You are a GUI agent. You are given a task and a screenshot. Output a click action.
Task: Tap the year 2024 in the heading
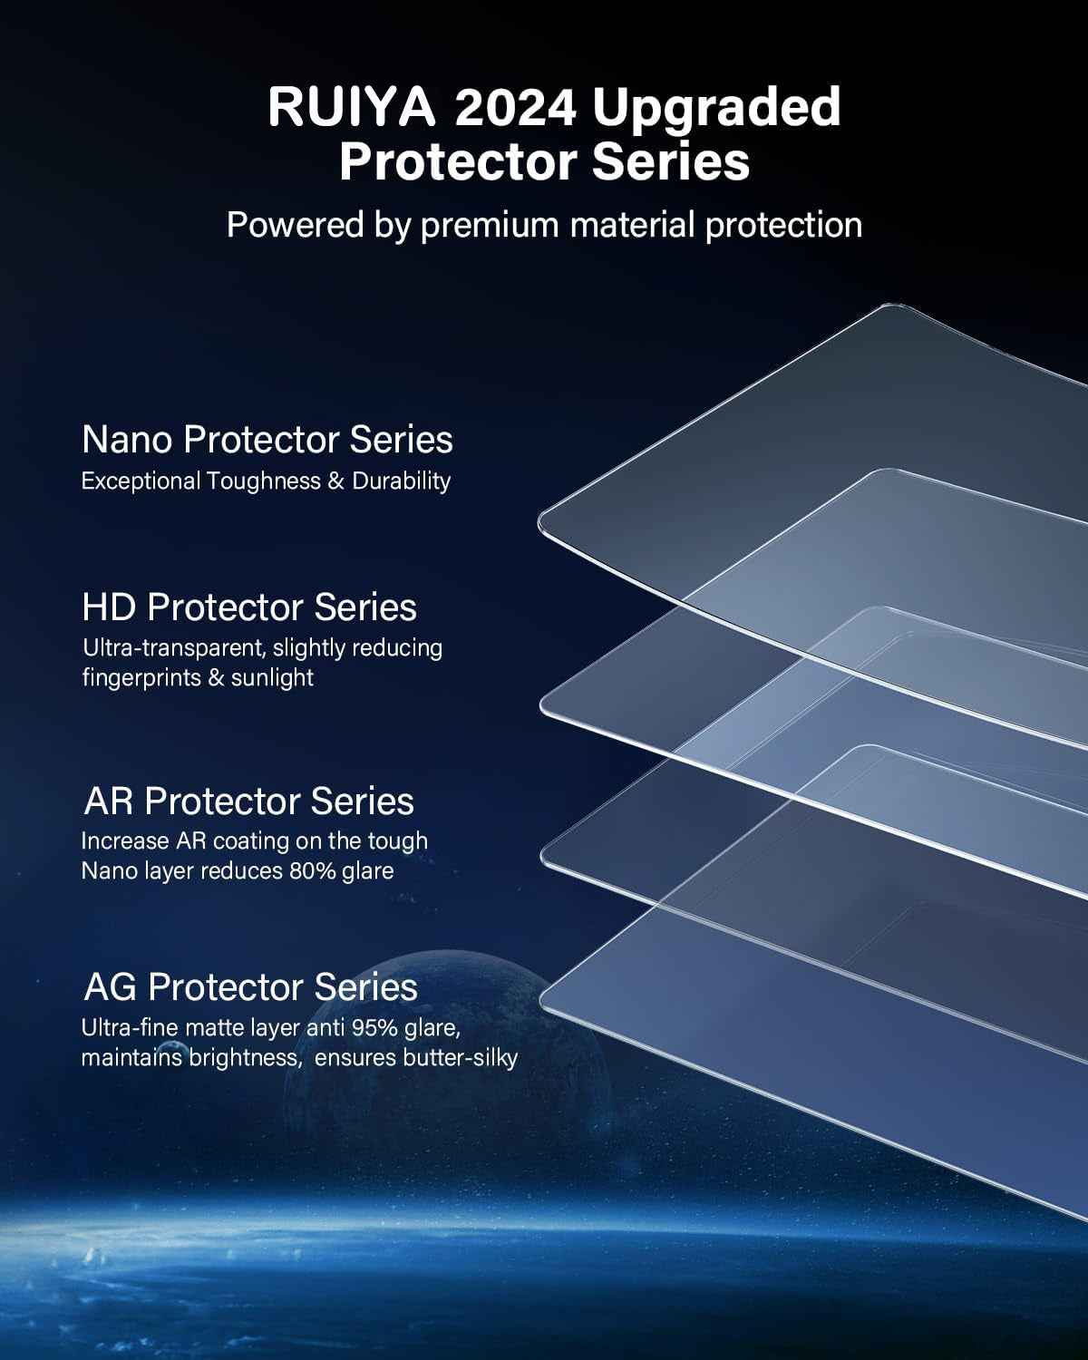point(514,108)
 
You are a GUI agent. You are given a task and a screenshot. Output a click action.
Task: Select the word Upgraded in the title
point(716,108)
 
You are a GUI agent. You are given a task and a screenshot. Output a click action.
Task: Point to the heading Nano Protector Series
point(267,440)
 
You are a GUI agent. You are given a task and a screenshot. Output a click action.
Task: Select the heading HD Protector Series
point(249,607)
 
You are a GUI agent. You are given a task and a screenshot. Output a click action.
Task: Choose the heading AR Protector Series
point(249,801)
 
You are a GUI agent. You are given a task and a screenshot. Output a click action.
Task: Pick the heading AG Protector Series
point(251,986)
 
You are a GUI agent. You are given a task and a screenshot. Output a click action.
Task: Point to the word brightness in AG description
point(242,1057)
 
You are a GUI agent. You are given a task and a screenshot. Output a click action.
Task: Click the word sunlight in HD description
point(272,677)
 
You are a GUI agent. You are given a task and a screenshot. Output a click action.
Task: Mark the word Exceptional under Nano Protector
point(141,481)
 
